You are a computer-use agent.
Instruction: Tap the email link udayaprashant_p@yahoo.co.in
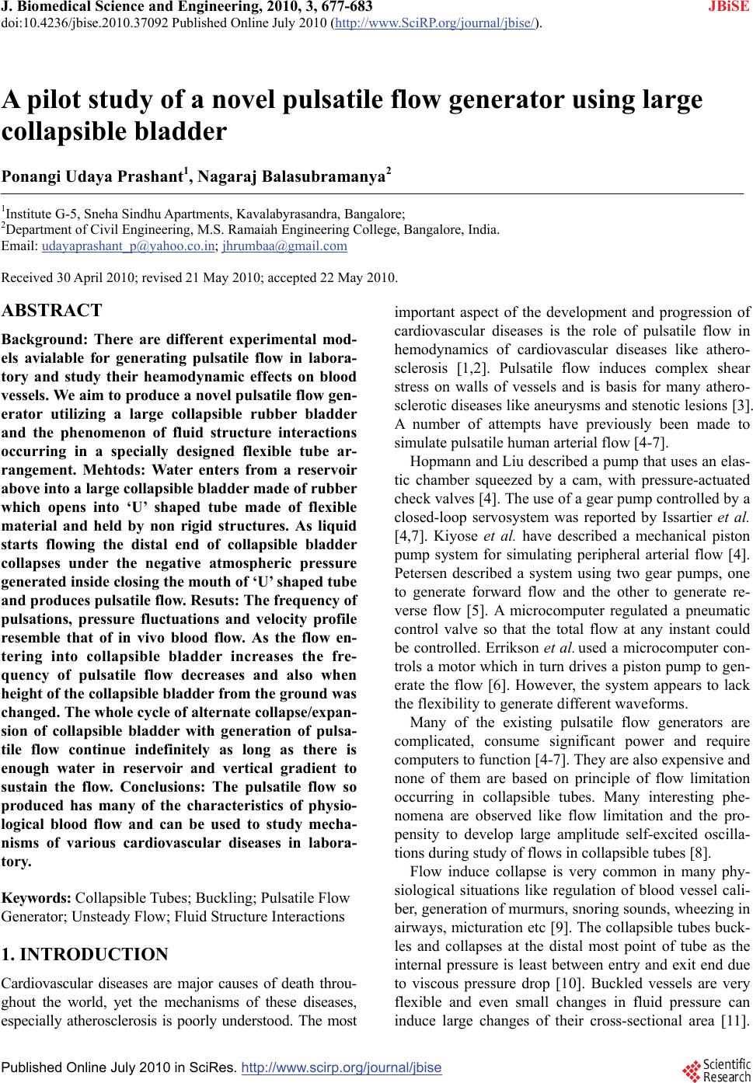(x=128, y=246)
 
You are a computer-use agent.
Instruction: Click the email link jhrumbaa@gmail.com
(x=284, y=246)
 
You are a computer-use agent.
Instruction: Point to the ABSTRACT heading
(x=52, y=311)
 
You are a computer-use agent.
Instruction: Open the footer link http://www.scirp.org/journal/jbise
(x=342, y=1067)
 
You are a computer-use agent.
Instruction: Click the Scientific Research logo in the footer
(x=716, y=1068)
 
